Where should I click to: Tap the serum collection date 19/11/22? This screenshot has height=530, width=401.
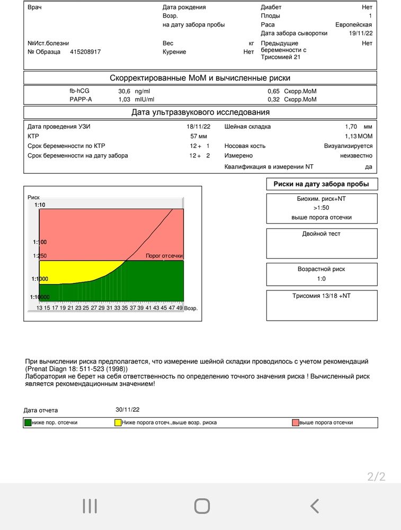coord(361,33)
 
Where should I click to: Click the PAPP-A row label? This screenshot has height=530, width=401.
coord(81,99)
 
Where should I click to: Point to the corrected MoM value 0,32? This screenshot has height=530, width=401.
coord(273,99)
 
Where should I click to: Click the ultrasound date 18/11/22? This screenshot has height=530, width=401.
coord(199,127)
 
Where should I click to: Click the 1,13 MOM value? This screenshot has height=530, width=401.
coord(359,136)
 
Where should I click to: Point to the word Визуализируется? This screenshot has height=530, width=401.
coord(348,146)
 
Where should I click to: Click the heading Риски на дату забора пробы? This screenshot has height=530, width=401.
coord(322,184)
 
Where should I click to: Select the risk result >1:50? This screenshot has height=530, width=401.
coord(322,208)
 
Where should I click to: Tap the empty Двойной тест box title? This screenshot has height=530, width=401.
coord(322,234)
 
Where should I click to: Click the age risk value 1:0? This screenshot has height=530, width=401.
coord(322,279)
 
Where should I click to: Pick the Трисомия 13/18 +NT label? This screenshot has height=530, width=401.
coord(322,296)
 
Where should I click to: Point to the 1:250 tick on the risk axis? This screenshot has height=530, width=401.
coord(40,256)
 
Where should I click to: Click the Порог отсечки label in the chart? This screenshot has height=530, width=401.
coord(164,256)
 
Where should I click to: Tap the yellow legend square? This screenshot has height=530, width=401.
coord(118,422)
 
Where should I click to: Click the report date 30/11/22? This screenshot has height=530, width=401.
coord(128,410)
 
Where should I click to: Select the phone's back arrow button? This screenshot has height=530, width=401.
coord(315,506)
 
